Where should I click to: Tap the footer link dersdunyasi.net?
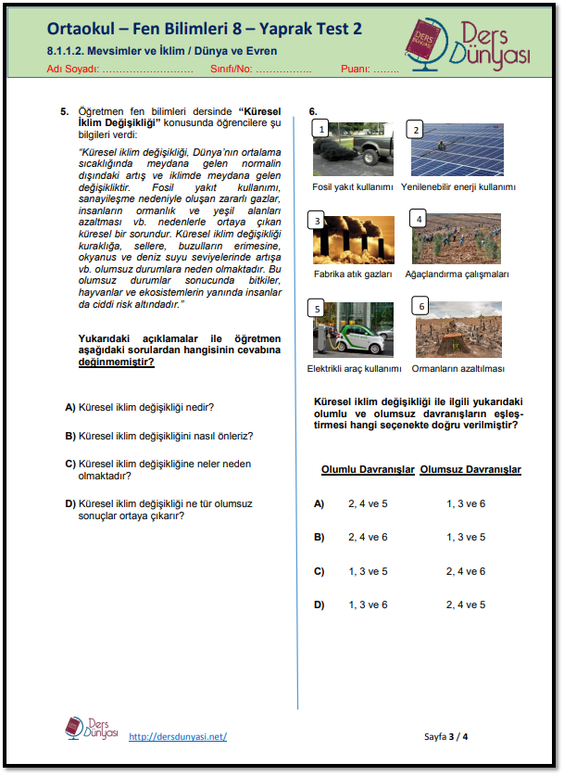(x=178, y=736)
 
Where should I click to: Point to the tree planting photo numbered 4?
(x=457, y=239)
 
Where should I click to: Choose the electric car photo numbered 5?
(x=353, y=329)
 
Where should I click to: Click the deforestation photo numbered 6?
(x=457, y=329)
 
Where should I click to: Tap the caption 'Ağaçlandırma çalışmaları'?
(x=457, y=274)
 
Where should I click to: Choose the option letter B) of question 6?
(x=320, y=537)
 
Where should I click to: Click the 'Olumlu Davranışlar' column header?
(x=367, y=470)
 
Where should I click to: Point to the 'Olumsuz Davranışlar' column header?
(x=470, y=470)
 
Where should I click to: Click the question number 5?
(x=65, y=111)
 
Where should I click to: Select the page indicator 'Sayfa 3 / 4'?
(x=446, y=736)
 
